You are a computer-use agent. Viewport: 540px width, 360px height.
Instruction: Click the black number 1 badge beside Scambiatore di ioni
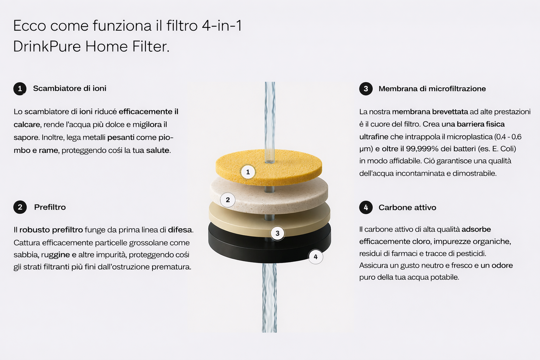point(20,89)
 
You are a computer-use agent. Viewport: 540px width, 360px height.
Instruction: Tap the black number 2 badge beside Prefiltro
point(20,207)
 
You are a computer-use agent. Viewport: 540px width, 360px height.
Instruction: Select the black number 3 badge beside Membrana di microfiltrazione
point(366,89)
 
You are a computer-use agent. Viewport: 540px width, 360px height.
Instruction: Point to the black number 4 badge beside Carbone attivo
point(366,207)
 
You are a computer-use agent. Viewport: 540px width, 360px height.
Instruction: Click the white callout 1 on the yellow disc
point(248,172)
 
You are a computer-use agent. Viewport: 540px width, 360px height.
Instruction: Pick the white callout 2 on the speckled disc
point(227,200)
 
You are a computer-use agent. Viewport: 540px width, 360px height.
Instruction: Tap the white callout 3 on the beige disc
point(277,233)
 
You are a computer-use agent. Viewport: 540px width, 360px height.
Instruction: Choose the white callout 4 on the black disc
point(316,257)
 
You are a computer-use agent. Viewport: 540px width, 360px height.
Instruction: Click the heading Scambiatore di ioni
point(70,89)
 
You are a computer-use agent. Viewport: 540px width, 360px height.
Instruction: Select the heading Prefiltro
point(50,207)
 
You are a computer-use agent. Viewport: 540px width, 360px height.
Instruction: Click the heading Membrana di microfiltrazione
point(432,89)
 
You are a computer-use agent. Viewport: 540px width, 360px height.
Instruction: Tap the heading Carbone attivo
point(407,207)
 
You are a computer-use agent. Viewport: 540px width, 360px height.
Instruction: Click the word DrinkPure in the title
point(47,46)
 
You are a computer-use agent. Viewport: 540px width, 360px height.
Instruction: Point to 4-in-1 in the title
point(222,26)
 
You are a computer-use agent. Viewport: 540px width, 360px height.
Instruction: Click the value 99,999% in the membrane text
point(422,148)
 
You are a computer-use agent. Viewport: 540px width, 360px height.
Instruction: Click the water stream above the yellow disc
point(270,122)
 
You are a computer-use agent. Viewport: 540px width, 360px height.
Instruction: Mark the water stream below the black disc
point(269,298)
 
